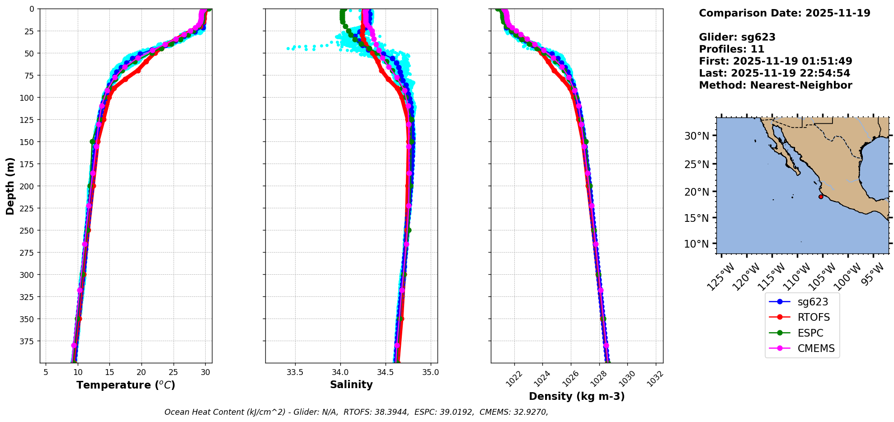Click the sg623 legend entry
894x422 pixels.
pyautogui.click(x=812, y=302)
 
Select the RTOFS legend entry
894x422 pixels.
pyautogui.click(x=813, y=317)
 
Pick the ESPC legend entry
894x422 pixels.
pyautogui.click(x=810, y=333)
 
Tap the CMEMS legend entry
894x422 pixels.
pyautogui.click(x=815, y=348)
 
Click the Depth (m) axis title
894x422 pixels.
pyautogui.click(x=10, y=186)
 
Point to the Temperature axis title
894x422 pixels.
pyautogui.click(x=126, y=385)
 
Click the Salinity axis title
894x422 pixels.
pyautogui.click(x=351, y=384)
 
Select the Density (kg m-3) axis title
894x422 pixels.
pyautogui.click(x=577, y=396)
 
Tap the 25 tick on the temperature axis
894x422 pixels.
pyautogui.click(x=174, y=372)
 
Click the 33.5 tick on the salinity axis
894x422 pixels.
pyautogui.click(x=295, y=372)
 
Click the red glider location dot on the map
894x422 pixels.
pyautogui.click(x=821, y=197)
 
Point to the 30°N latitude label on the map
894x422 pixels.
pyautogui.click(x=700, y=136)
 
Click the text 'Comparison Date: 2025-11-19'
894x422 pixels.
pyautogui.click(x=784, y=13)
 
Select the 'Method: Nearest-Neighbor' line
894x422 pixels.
pyautogui.click(x=775, y=85)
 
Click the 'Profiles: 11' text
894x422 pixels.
pyautogui.click(x=731, y=49)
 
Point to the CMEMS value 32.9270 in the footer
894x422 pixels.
pyautogui.click(x=530, y=412)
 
